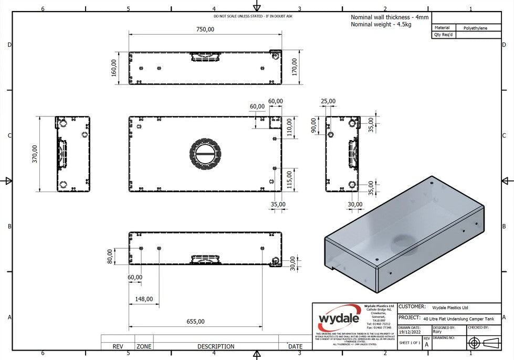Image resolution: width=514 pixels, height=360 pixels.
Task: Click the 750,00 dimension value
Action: coord(205,29)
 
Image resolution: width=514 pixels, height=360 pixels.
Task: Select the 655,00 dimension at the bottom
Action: coord(195,321)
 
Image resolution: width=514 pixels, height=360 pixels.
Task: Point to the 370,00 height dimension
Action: coord(35,154)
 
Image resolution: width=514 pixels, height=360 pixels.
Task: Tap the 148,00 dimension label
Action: coord(143,299)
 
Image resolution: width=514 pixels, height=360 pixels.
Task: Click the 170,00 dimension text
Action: coord(295,67)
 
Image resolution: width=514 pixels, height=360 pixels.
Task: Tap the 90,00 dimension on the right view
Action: coord(313,125)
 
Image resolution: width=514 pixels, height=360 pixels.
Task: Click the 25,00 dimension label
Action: coord(328,101)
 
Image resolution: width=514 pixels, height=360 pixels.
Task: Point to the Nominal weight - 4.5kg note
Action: coord(382,25)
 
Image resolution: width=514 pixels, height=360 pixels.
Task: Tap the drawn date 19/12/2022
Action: coord(410,332)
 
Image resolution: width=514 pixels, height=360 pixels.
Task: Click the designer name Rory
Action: coord(437,332)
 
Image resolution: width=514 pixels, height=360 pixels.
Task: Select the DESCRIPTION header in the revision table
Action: coord(216,346)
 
